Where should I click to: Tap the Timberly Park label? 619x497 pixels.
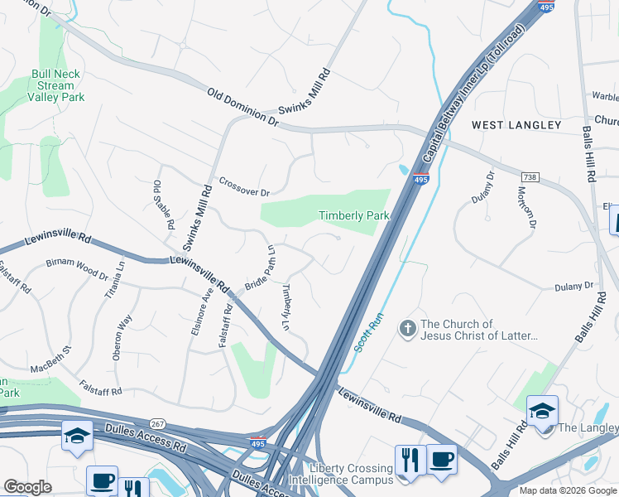[353, 215]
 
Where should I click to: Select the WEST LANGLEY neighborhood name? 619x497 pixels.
[516, 125]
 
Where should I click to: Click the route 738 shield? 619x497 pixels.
[530, 178]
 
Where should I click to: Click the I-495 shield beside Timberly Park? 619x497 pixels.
[420, 178]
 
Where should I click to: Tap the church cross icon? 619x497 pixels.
[406, 330]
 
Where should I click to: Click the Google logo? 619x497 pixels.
[27, 487]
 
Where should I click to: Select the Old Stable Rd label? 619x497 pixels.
[163, 204]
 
